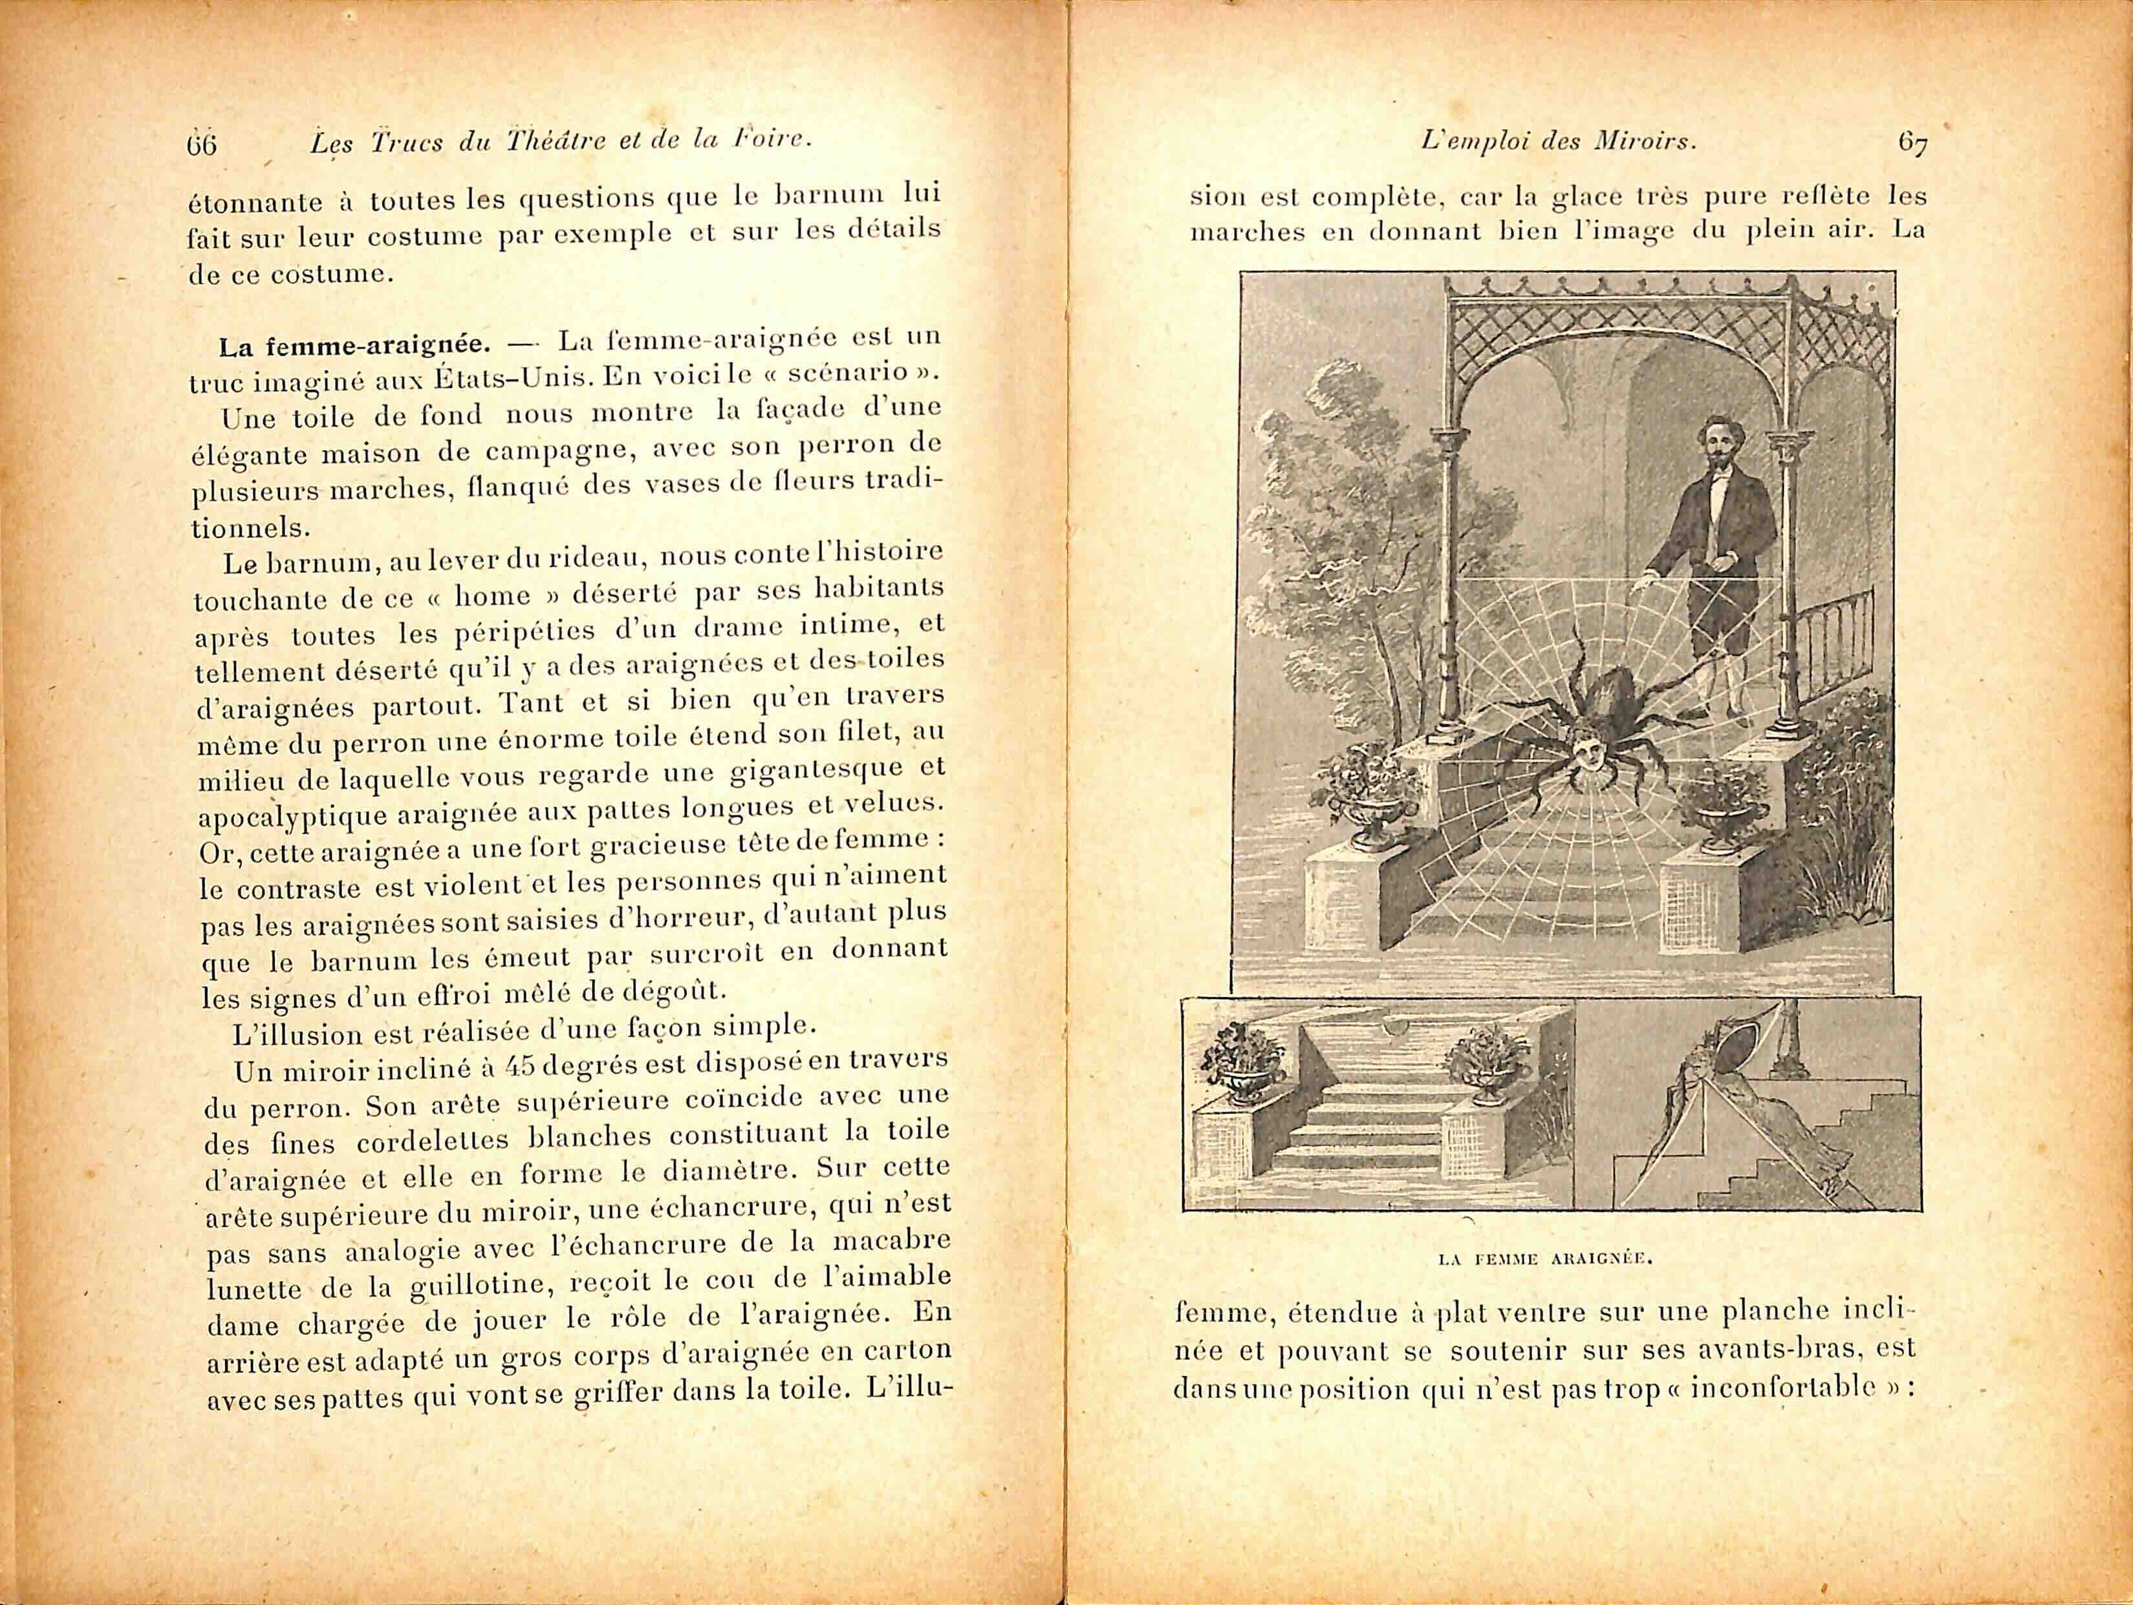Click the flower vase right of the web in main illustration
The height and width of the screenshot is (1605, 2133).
coord(1722,810)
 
